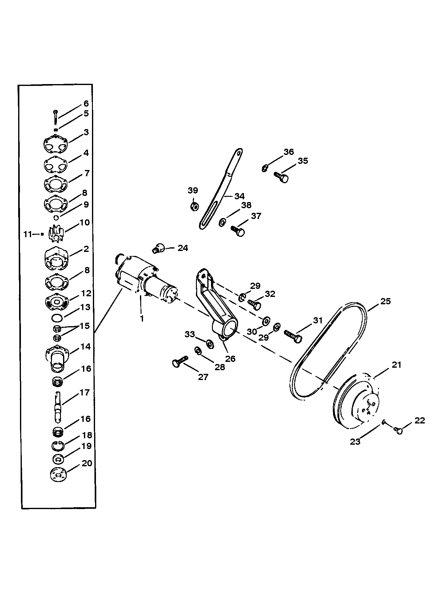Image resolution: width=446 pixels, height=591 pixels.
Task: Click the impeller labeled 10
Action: (55, 234)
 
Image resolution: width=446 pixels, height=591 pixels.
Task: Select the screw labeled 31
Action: (293, 335)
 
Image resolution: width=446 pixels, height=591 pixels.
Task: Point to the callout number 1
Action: (142, 318)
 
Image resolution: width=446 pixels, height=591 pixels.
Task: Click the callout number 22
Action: (420, 420)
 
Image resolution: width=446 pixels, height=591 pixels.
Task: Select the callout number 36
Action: (289, 152)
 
